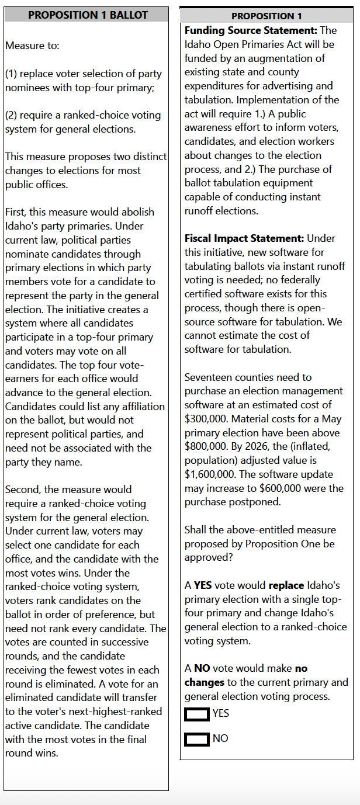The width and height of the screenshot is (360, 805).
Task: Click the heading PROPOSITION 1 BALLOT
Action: [x=88, y=15]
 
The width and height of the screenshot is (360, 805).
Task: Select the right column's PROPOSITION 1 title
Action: [x=266, y=16]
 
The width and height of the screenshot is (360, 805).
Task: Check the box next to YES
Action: [x=196, y=713]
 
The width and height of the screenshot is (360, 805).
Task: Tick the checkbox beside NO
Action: [x=196, y=739]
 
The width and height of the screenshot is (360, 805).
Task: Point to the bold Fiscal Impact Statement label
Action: [x=244, y=238]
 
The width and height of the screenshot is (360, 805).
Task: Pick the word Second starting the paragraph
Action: [x=22, y=490]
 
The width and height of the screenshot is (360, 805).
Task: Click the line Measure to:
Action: [x=33, y=46]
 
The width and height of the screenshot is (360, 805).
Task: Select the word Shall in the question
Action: [x=198, y=530]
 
